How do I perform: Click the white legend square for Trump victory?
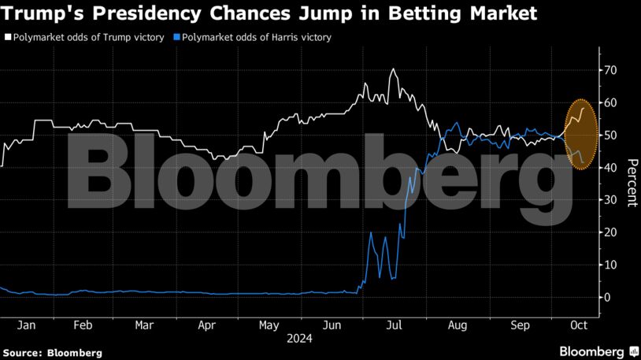pyautogui.click(x=8, y=37)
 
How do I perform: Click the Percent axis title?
pyautogui.click(x=631, y=183)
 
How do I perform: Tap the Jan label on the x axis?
pyautogui.click(x=24, y=325)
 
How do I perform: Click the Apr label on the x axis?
pyautogui.click(x=206, y=325)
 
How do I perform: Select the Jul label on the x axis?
pyautogui.click(x=395, y=325)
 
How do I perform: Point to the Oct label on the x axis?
pyautogui.click(x=580, y=325)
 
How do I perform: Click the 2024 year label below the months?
pyautogui.click(x=299, y=339)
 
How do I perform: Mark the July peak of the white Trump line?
pyautogui.click(x=393, y=69)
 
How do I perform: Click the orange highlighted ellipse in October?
pyautogui.click(x=581, y=134)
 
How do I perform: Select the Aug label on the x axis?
pyautogui.click(x=457, y=325)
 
